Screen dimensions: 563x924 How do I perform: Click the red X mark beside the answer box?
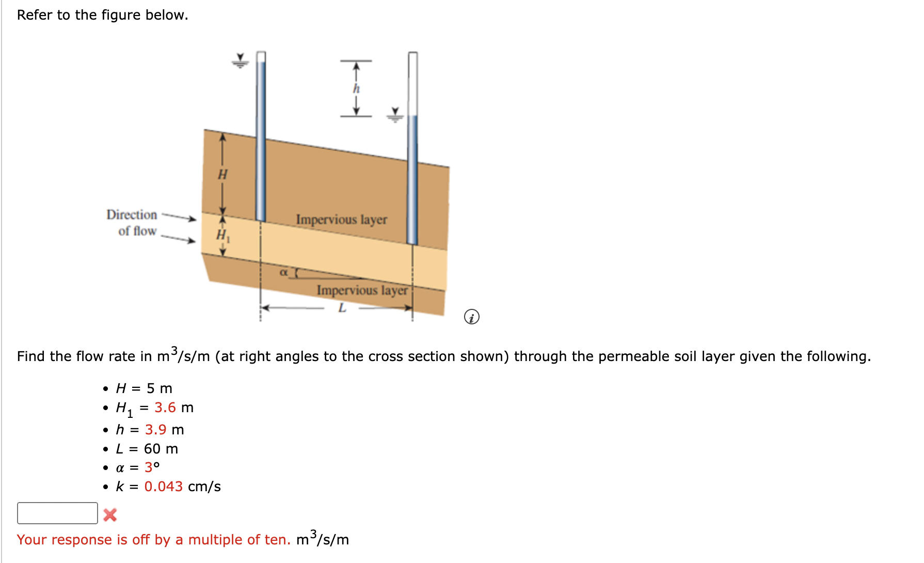pyautogui.click(x=110, y=514)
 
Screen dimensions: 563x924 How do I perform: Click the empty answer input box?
pyautogui.click(x=57, y=513)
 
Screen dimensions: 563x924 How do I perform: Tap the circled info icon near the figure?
pyautogui.click(x=471, y=317)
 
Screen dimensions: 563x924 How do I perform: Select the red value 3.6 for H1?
pyautogui.click(x=165, y=408)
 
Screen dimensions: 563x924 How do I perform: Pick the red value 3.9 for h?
pyautogui.click(x=155, y=430)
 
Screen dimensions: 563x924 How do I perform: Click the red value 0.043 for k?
pyautogui.click(x=163, y=487)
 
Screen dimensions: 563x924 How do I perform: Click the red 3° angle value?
pyautogui.click(x=152, y=467)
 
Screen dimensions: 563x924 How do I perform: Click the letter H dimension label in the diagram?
pyautogui.click(x=222, y=174)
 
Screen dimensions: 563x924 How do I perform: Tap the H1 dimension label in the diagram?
pyautogui.click(x=222, y=236)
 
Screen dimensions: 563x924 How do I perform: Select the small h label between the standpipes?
pyautogui.click(x=356, y=89)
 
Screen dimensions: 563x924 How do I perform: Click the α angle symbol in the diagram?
pyautogui.click(x=283, y=272)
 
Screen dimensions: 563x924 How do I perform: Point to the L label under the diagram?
pyautogui.click(x=342, y=308)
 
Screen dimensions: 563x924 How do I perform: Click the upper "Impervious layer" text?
pyautogui.click(x=341, y=220)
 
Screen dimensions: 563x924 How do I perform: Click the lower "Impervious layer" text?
pyautogui.click(x=362, y=290)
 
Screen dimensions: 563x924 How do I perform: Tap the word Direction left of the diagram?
pyautogui.click(x=132, y=214)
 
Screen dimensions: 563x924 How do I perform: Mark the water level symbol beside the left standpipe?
pyautogui.click(x=240, y=61)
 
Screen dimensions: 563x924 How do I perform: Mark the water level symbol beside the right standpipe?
pyautogui.click(x=395, y=115)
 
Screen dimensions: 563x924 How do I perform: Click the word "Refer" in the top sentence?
pyautogui.click(x=35, y=15)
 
